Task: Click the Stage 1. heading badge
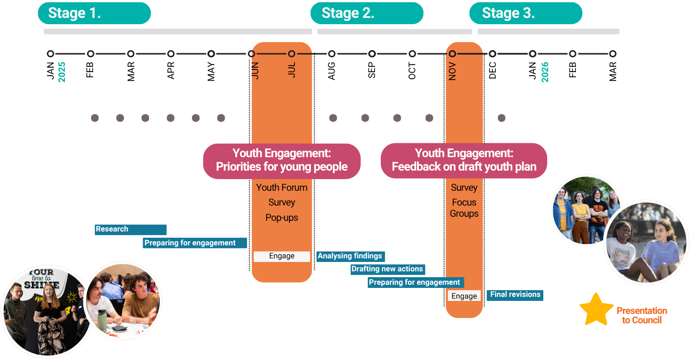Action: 94,13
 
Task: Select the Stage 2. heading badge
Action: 366,13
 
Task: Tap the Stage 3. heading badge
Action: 525,13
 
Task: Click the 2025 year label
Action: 62,72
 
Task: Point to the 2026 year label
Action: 545,72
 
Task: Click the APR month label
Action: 170,71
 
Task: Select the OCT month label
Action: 412,71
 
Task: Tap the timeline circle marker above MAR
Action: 131,54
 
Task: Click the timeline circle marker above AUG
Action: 332,54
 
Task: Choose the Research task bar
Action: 130,229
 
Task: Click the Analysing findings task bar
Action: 350,256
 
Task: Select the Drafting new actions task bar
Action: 388,269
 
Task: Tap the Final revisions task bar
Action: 515,295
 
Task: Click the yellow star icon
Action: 596,310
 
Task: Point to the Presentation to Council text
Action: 642,315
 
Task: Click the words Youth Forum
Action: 282,188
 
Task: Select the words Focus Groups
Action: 464,208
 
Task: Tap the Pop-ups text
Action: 282,218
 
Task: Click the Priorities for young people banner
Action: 282,161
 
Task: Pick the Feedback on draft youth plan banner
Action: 464,161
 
